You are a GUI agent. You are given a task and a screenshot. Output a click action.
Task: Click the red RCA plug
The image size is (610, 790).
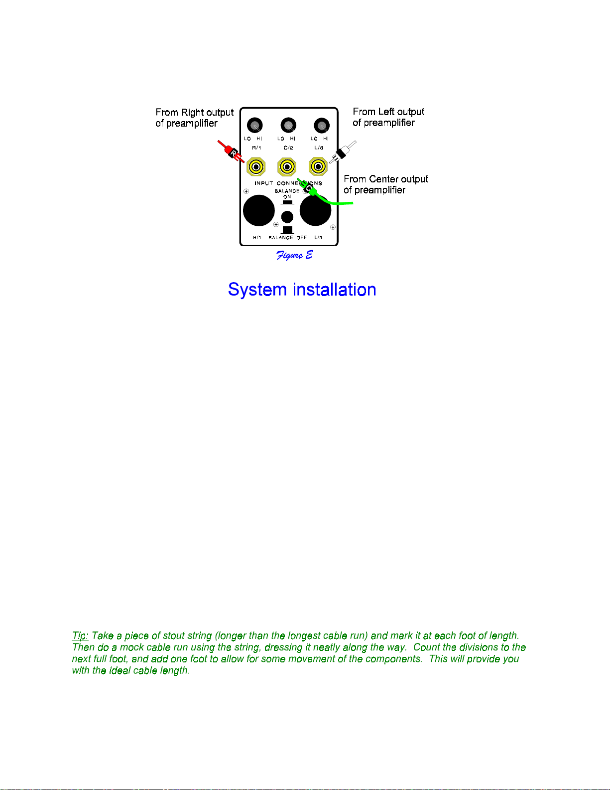tap(231, 151)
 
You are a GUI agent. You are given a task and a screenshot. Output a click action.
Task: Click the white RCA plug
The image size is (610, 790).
tap(343, 152)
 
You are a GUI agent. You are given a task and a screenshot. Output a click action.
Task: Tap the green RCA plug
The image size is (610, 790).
tap(308, 187)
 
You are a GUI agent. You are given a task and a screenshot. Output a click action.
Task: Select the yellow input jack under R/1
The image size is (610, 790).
tap(256, 167)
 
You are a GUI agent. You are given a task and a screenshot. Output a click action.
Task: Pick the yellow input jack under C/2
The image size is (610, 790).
tap(287, 167)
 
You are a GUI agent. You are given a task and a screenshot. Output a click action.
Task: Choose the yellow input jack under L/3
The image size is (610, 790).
tap(318, 167)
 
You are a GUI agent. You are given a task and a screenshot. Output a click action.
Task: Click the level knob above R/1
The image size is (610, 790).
tap(255, 126)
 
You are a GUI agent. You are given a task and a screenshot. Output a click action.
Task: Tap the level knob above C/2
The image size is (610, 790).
tap(288, 126)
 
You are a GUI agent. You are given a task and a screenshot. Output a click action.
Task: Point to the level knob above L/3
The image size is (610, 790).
tap(322, 126)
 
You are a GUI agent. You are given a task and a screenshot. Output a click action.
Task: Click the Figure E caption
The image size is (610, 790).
tap(294, 255)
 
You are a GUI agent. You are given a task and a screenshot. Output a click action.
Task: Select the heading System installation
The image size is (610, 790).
tap(302, 290)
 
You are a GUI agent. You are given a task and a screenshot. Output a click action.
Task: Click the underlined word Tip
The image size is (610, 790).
tap(80, 636)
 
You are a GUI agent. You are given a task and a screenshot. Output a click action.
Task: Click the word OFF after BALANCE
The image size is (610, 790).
tap(301, 237)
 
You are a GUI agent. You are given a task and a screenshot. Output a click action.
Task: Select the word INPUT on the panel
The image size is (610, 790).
tap(263, 183)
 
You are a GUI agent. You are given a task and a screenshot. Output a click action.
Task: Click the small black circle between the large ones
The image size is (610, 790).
tap(287, 217)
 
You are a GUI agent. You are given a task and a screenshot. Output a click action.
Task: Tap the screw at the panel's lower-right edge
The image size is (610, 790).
tap(333, 227)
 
